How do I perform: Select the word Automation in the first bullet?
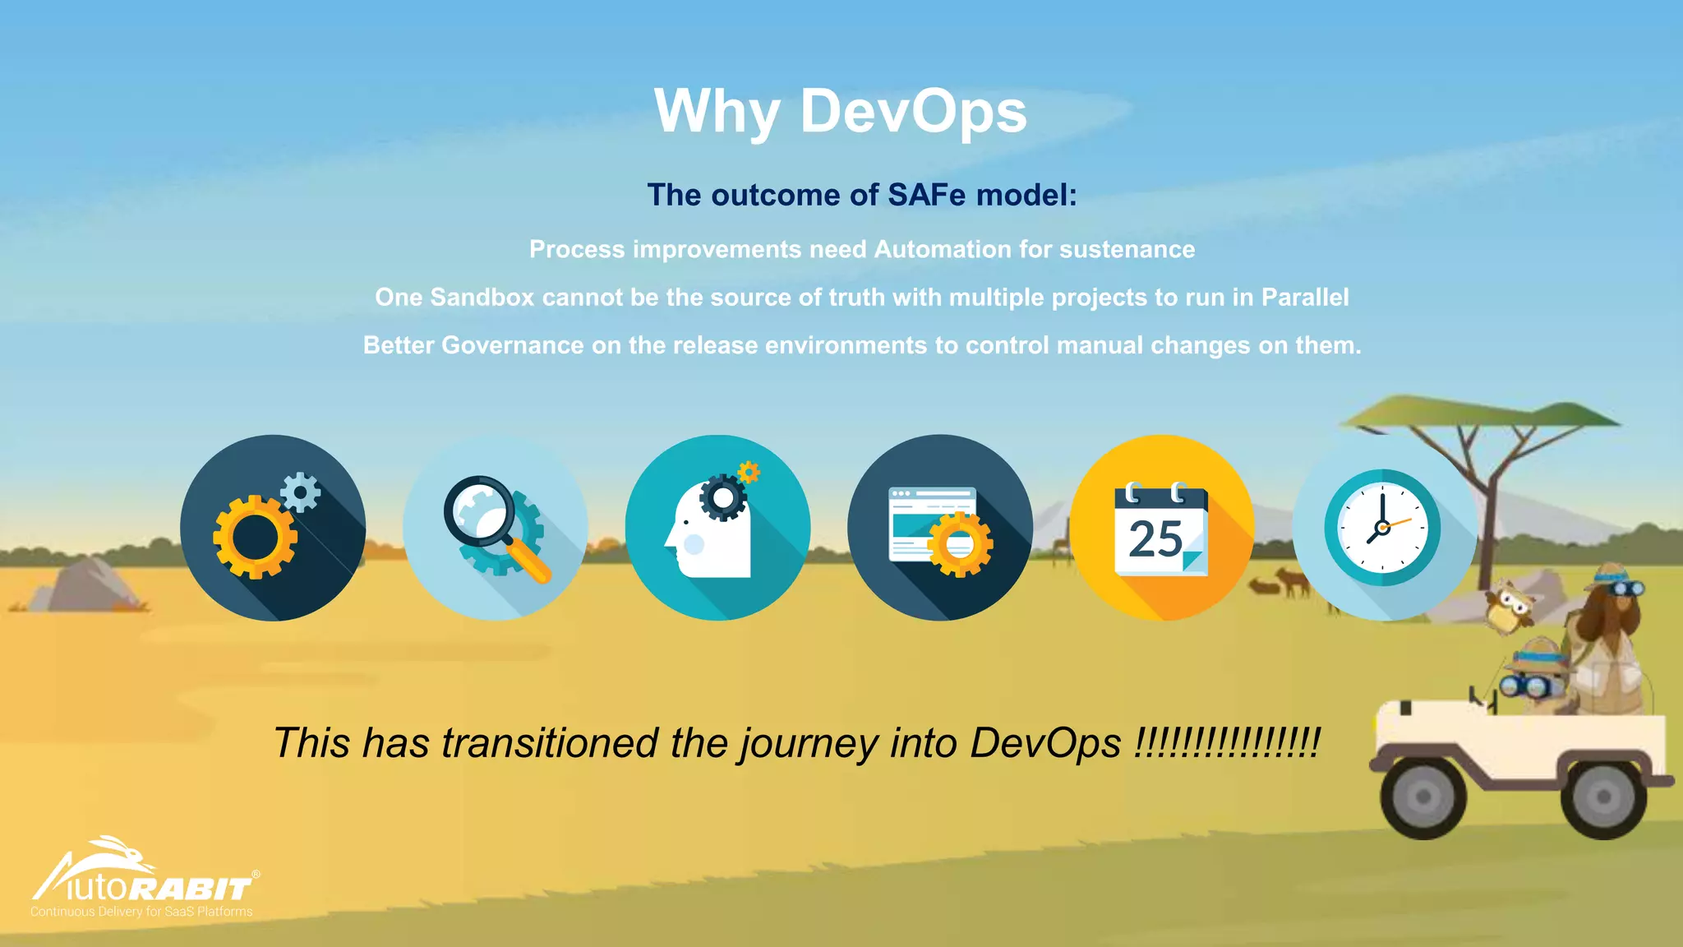click(943, 249)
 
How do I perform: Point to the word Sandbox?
click(482, 297)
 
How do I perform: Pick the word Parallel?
click(1304, 297)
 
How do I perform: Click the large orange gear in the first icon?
click(255, 537)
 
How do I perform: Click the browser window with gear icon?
click(939, 528)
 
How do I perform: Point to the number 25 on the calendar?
click(1155, 539)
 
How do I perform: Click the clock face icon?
click(1381, 528)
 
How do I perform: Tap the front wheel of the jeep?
click(1422, 796)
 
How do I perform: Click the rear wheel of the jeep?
click(1602, 796)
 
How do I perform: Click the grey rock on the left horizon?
click(86, 585)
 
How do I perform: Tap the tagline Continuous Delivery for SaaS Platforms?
click(141, 912)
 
